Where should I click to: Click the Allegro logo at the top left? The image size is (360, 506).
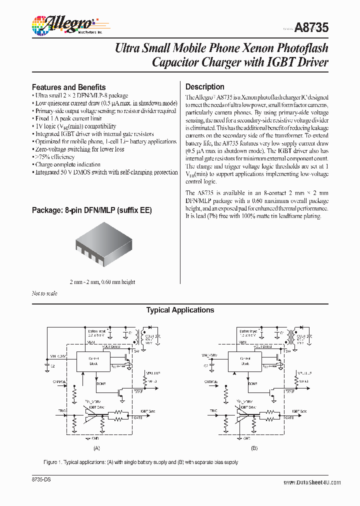pyautogui.click(x=62, y=23)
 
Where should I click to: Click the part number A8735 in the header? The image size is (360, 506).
pyautogui.click(x=311, y=28)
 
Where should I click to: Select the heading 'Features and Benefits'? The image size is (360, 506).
pyautogui.click(x=68, y=87)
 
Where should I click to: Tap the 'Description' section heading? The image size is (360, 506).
pyautogui.click(x=204, y=86)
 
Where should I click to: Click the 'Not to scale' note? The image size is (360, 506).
pyautogui.click(x=44, y=293)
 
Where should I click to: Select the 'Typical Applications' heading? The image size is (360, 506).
pyautogui.click(x=180, y=310)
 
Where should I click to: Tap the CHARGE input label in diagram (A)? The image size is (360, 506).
pyautogui.click(x=59, y=381)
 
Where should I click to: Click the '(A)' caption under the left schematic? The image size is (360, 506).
pyautogui.click(x=97, y=448)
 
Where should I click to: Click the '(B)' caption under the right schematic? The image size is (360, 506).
pyautogui.click(x=254, y=448)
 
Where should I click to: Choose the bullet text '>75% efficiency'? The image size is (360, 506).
pyautogui.click(x=54, y=157)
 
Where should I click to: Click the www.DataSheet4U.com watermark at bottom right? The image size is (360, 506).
pyautogui.click(x=312, y=482)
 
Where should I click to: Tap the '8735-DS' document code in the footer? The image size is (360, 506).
pyautogui.click(x=42, y=479)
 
